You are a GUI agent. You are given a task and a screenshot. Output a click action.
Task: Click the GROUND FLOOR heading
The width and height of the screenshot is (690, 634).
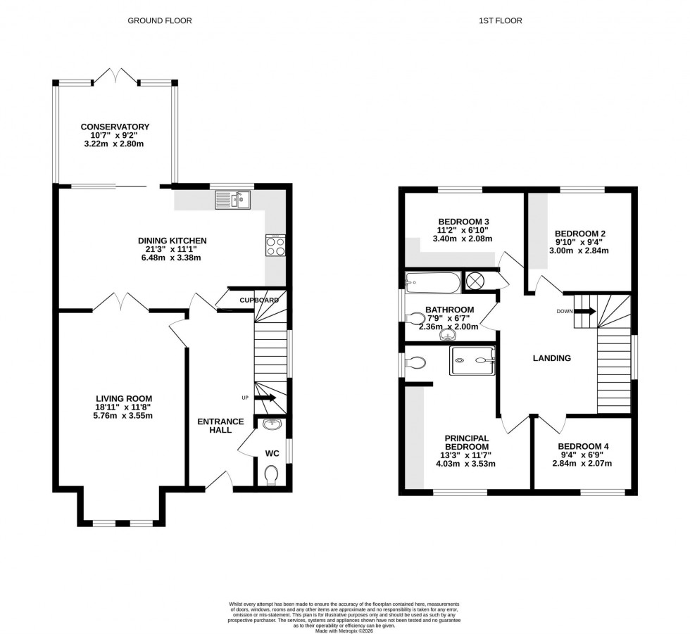coord(159,20)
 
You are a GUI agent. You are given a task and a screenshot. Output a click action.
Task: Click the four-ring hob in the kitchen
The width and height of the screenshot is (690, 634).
coord(275,245)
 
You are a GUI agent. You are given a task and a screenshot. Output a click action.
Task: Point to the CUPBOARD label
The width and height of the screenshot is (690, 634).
coord(258,300)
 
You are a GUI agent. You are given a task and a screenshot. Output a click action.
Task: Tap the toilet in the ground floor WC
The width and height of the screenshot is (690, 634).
coord(272,476)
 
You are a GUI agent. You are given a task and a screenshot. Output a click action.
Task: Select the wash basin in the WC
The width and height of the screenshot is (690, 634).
coord(272,424)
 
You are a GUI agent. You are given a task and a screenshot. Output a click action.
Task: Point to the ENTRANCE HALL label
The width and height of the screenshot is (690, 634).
coord(220,426)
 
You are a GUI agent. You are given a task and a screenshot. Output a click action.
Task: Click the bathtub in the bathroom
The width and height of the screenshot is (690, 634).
coord(433,284)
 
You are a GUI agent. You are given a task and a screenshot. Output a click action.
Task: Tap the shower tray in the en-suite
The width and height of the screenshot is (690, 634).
coord(472,360)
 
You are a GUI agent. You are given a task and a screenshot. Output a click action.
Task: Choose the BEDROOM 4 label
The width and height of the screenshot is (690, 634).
coord(583,446)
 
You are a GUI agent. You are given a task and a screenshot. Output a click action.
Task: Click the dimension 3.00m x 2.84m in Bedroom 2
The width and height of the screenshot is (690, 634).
coord(580,251)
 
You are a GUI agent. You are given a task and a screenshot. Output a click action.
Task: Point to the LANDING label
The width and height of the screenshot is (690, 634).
coord(551,358)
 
